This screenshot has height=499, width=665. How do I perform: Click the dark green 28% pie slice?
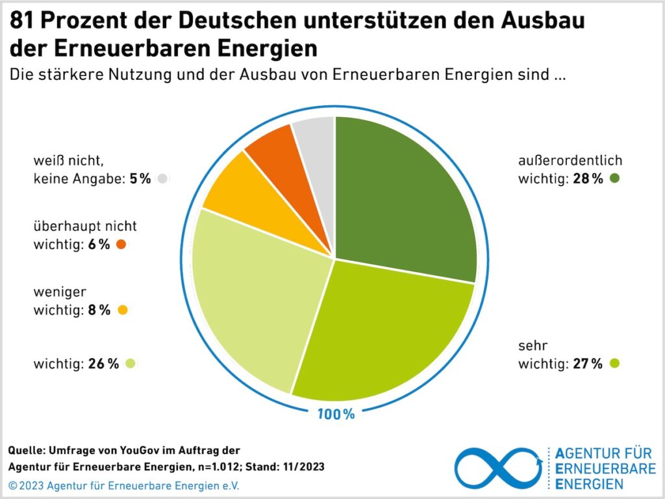(x=403, y=195)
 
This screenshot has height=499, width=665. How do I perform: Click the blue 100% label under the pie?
(x=336, y=414)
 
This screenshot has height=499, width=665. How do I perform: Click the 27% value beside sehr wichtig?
(x=588, y=364)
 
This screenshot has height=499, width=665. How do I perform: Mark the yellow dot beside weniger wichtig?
(x=123, y=311)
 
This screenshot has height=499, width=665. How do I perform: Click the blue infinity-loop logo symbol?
(x=498, y=467)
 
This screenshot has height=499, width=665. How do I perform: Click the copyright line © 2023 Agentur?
(x=123, y=485)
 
